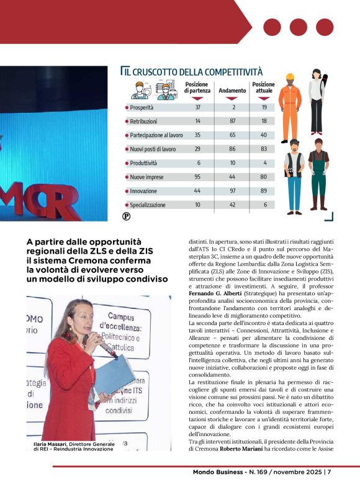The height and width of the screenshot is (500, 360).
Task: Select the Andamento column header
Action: click(232, 91)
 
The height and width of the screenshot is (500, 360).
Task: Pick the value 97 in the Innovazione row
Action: click(232, 191)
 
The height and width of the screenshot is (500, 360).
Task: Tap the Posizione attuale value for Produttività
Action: click(264, 163)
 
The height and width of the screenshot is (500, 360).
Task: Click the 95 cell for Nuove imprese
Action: click(197, 177)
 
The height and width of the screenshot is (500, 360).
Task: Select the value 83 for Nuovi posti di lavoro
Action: click(264, 149)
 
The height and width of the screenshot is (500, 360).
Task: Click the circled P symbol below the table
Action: click(126, 217)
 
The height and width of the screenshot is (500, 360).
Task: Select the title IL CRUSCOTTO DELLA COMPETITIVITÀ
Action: click(193, 73)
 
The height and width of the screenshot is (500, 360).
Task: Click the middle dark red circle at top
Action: click(299, 27)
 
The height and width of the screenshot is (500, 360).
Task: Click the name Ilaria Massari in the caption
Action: click(50, 444)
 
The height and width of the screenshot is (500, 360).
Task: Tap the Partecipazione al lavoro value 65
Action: click(232, 135)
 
